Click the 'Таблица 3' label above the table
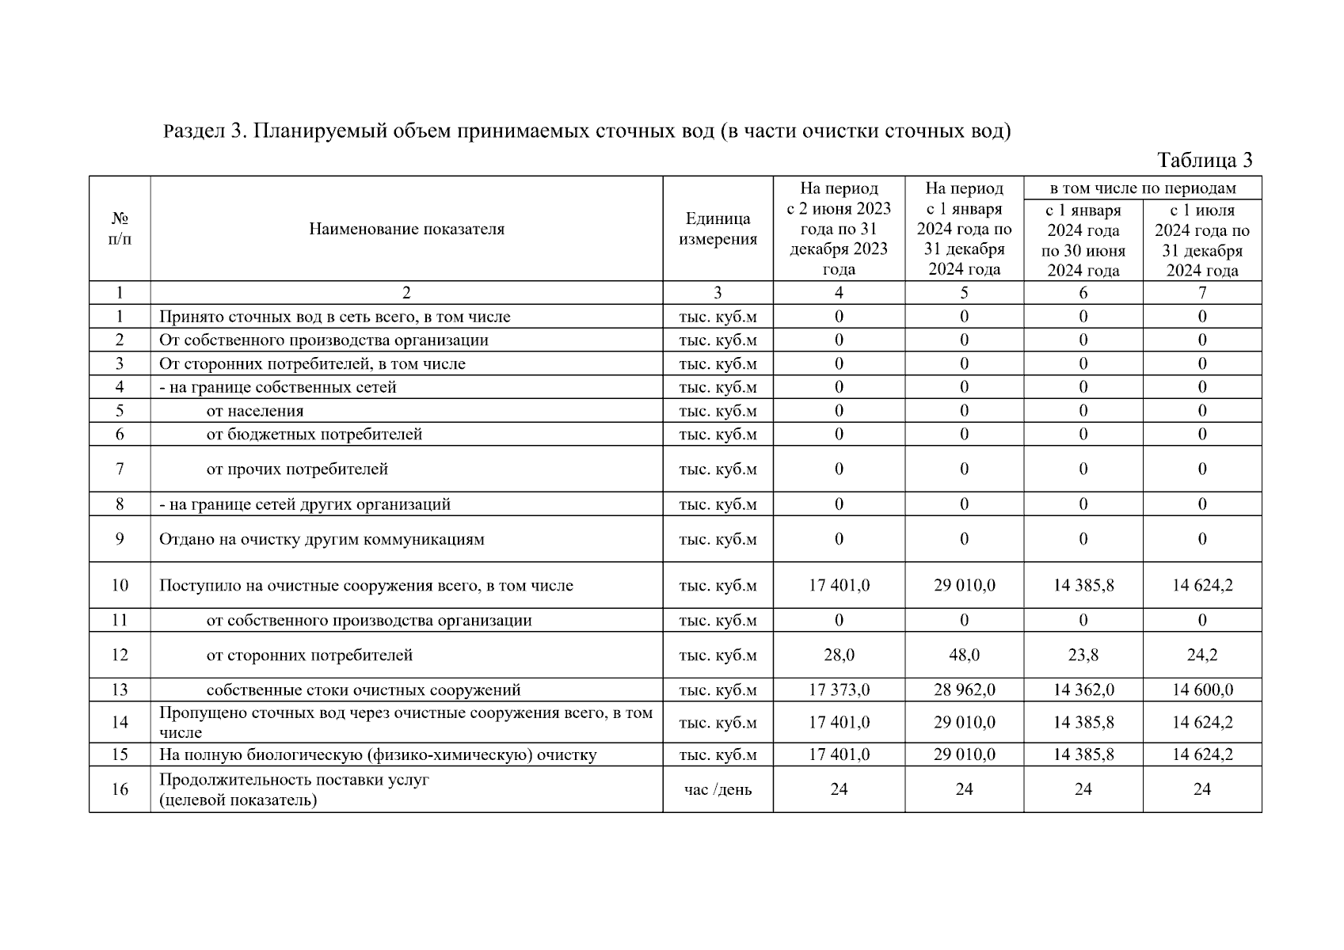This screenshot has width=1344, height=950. pos(1205,161)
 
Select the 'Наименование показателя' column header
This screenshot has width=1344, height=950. pos(406,230)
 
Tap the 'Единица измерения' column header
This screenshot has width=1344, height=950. pos(718,229)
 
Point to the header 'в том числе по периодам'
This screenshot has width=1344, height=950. pos(1142,188)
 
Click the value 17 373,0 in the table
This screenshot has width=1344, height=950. pos(839,690)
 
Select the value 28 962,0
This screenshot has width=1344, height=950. pos(964,690)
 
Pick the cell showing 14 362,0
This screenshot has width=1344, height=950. pos(1083,690)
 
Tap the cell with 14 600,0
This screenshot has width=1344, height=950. pos(1201,690)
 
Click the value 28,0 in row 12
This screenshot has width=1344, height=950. pos(839,655)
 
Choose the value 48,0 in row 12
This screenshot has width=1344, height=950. pos(964,655)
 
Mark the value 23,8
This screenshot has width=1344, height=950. pos(1083,655)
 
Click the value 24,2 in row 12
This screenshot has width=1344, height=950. pos(1201,655)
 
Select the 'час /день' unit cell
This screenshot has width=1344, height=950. pos(718,789)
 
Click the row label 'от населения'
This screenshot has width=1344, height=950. pos(255,411)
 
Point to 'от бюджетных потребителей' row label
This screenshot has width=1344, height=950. pos(314,435)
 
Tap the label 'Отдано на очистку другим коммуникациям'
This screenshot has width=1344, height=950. pos(322,540)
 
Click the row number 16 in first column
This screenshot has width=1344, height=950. pos(120,789)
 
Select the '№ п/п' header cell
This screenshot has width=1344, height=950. pos(120,228)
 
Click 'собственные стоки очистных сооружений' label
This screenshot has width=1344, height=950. pos(364,690)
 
